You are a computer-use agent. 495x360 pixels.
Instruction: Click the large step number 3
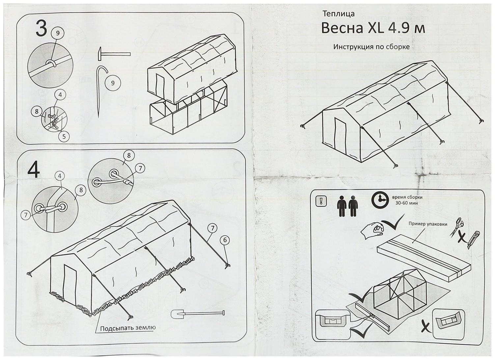click(41, 29)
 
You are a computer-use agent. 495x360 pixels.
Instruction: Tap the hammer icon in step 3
click(113, 53)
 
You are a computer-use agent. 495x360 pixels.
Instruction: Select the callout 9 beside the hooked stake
click(113, 83)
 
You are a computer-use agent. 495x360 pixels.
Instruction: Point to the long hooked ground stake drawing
click(100, 90)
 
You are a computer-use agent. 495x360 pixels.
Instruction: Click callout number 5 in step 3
click(64, 136)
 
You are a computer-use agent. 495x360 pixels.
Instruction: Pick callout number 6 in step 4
click(225, 240)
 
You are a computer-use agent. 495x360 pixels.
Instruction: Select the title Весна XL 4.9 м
click(373, 28)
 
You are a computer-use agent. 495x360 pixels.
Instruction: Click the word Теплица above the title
click(338, 13)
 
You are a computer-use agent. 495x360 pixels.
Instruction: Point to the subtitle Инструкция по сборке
click(371, 47)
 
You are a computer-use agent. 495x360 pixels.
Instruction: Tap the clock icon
click(380, 200)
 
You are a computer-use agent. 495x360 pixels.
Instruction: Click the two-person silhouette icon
click(347, 206)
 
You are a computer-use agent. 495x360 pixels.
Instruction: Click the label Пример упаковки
click(427, 224)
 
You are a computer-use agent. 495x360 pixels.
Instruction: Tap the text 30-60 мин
click(407, 203)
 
